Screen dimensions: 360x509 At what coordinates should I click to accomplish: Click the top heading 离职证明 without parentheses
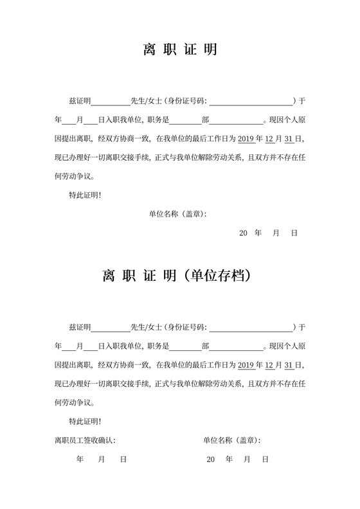click(179, 50)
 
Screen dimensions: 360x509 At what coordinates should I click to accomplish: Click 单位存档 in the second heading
click(214, 277)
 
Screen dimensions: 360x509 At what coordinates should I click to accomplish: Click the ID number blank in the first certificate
click(250, 101)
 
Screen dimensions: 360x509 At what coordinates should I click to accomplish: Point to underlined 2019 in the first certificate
click(246, 138)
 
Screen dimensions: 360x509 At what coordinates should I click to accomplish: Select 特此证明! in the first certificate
click(84, 195)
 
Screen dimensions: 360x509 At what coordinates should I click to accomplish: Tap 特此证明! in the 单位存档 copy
click(84, 422)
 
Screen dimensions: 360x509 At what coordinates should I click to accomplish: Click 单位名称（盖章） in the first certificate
click(177, 213)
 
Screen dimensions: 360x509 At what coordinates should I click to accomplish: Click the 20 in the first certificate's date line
click(243, 233)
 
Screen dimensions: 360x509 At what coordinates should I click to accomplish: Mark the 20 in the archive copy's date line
click(211, 460)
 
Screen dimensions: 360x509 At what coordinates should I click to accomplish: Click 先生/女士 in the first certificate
click(146, 101)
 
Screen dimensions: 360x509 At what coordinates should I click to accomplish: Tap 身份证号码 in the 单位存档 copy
click(186, 328)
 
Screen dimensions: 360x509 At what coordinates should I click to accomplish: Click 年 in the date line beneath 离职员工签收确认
click(80, 460)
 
